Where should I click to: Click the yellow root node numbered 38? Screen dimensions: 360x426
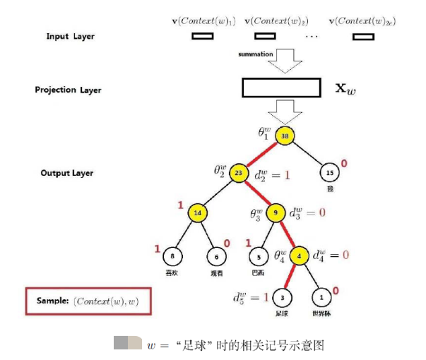click(x=285, y=135)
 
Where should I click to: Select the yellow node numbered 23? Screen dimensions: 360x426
click(x=239, y=171)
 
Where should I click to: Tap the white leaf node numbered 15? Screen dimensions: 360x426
click(x=329, y=172)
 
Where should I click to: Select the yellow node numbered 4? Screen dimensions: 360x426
click(x=299, y=256)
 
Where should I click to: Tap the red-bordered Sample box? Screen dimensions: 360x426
click(x=89, y=301)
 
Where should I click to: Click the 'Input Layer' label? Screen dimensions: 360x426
click(x=70, y=36)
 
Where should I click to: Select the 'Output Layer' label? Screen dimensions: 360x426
click(x=67, y=173)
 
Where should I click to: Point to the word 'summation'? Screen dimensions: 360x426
click(x=254, y=54)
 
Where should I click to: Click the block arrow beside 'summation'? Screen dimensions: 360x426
click(x=288, y=61)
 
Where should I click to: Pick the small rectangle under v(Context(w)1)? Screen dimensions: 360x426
click(x=202, y=36)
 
